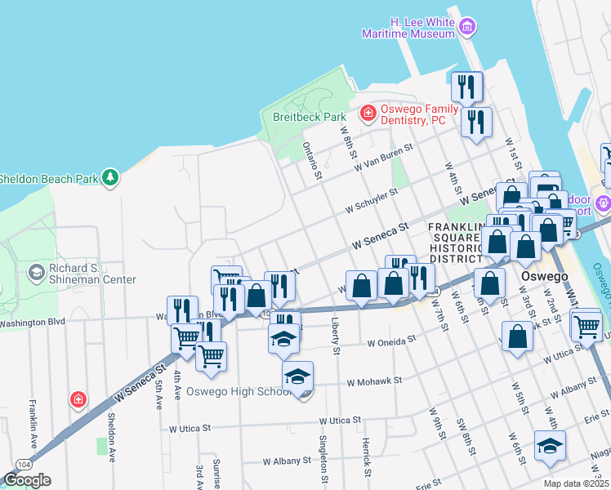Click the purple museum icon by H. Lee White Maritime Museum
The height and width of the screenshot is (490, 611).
[x=467, y=27]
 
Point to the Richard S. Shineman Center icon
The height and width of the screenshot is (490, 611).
[x=36, y=271]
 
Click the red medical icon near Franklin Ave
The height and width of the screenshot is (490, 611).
[x=78, y=399]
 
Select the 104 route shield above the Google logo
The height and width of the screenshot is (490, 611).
[x=23, y=463]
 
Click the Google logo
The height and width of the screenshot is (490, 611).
[x=26, y=480]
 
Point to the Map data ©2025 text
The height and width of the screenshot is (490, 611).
[x=576, y=483]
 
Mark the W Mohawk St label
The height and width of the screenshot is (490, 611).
[x=375, y=381]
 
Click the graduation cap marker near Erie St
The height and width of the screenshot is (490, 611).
[x=550, y=446]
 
